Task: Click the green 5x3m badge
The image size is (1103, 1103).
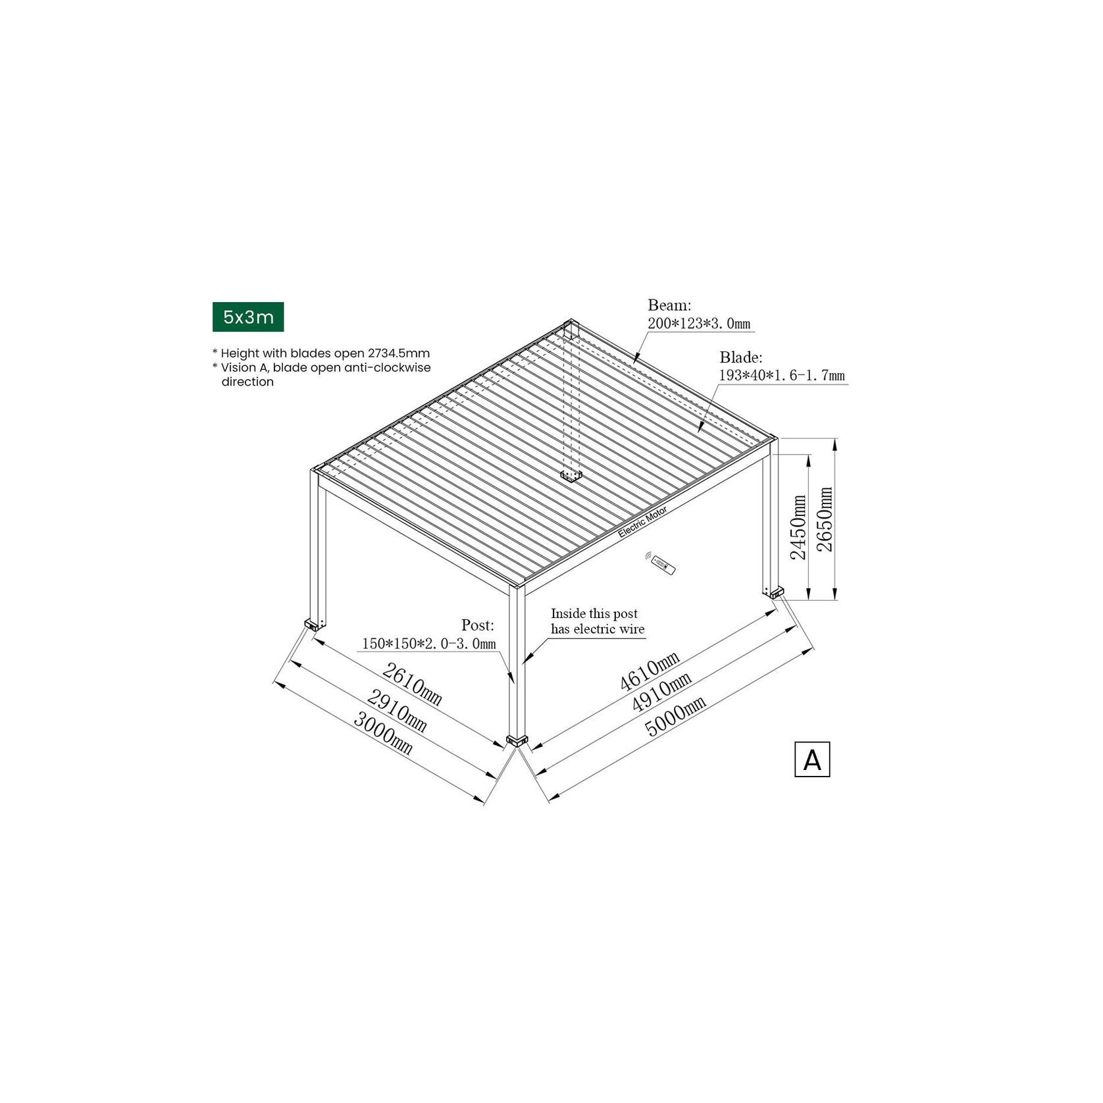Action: click(x=248, y=317)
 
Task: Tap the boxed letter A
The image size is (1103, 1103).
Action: click(x=811, y=759)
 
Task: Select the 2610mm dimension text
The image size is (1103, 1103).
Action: click(x=412, y=684)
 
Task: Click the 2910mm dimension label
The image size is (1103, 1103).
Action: click(x=397, y=711)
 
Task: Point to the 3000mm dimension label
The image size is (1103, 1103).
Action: click(x=383, y=733)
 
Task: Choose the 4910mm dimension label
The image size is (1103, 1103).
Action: click(x=661, y=692)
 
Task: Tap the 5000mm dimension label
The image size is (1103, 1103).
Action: click(x=675, y=716)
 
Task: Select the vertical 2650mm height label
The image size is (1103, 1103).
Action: click(x=825, y=520)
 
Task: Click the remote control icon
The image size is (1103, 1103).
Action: click(x=661, y=563)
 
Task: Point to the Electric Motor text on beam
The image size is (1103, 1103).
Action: click(x=642, y=523)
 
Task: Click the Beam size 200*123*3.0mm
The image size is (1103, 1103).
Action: click(x=699, y=324)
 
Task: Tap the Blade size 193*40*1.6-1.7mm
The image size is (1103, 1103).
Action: click(x=781, y=376)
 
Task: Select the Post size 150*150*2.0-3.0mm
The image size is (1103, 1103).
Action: click(x=428, y=644)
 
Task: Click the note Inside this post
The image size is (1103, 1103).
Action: click(x=594, y=614)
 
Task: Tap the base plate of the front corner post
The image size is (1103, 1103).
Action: click(x=518, y=741)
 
